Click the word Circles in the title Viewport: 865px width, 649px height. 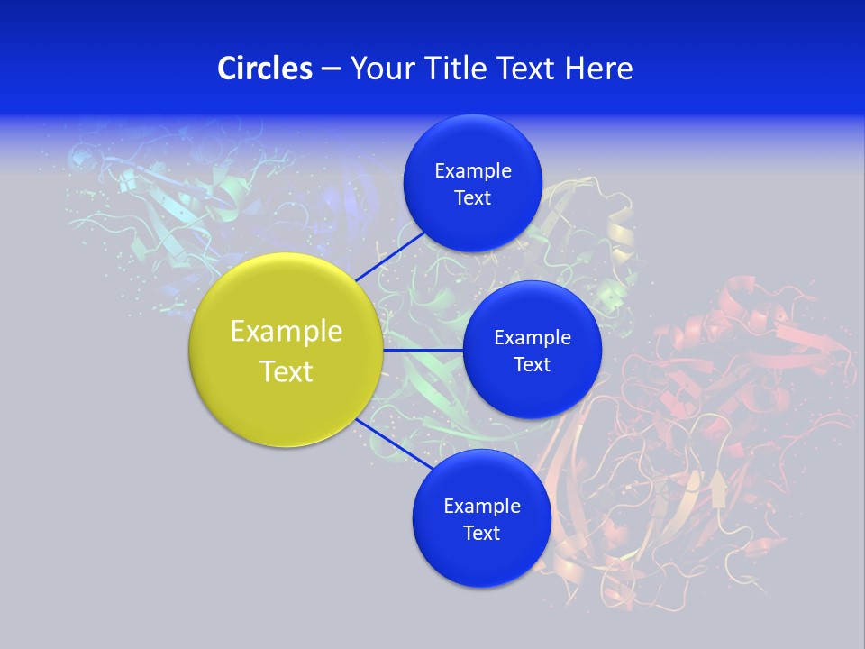[264, 69]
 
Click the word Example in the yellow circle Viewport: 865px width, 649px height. [287, 332]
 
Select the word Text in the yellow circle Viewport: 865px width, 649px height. [287, 371]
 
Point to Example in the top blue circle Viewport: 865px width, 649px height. [473, 171]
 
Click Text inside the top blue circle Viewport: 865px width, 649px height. [472, 198]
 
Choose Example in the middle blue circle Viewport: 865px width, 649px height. [533, 338]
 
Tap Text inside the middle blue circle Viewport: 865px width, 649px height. [532, 365]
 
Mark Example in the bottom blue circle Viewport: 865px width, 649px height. [482, 507]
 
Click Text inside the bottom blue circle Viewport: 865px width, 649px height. [481, 534]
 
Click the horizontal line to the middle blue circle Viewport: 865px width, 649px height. [423, 350]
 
